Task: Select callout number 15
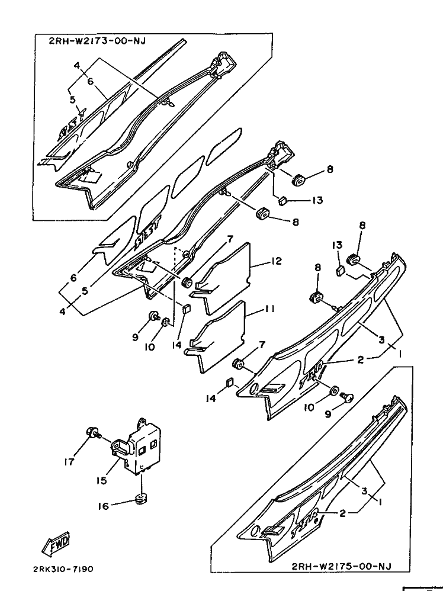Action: (102, 480)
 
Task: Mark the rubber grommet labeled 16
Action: (141, 499)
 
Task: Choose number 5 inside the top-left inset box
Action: (72, 99)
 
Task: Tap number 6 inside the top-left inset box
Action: (91, 82)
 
